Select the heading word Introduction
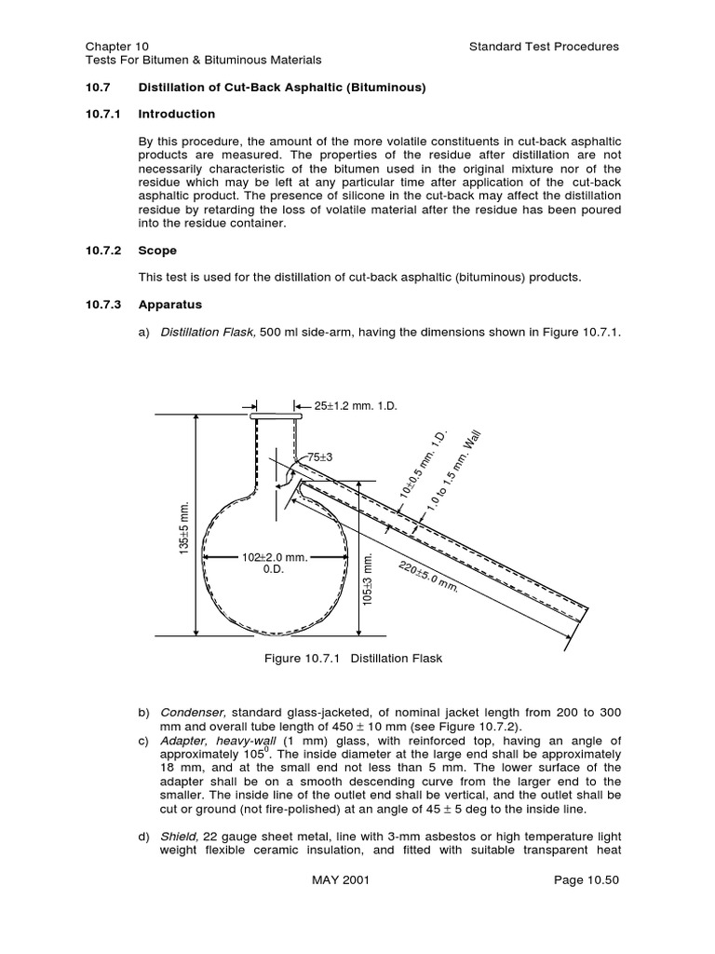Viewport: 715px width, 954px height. pyautogui.click(x=176, y=114)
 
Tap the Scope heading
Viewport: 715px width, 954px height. pyautogui.click(x=157, y=251)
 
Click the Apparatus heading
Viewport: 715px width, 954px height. pyautogui.click(x=169, y=305)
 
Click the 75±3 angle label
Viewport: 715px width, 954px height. pyautogui.click(x=320, y=457)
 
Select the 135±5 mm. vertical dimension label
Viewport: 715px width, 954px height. pyautogui.click(x=184, y=529)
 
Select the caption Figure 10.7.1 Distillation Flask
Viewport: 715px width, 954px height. pyautogui.click(x=353, y=659)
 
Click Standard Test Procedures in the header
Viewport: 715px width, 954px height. pyautogui.click(x=544, y=47)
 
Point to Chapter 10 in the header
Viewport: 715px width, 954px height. pyautogui.click(x=116, y=47)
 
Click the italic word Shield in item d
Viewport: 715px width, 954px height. pyautogui.click(x=177, y=837)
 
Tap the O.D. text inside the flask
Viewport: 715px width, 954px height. pyautogui.click(x=274, y=569)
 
